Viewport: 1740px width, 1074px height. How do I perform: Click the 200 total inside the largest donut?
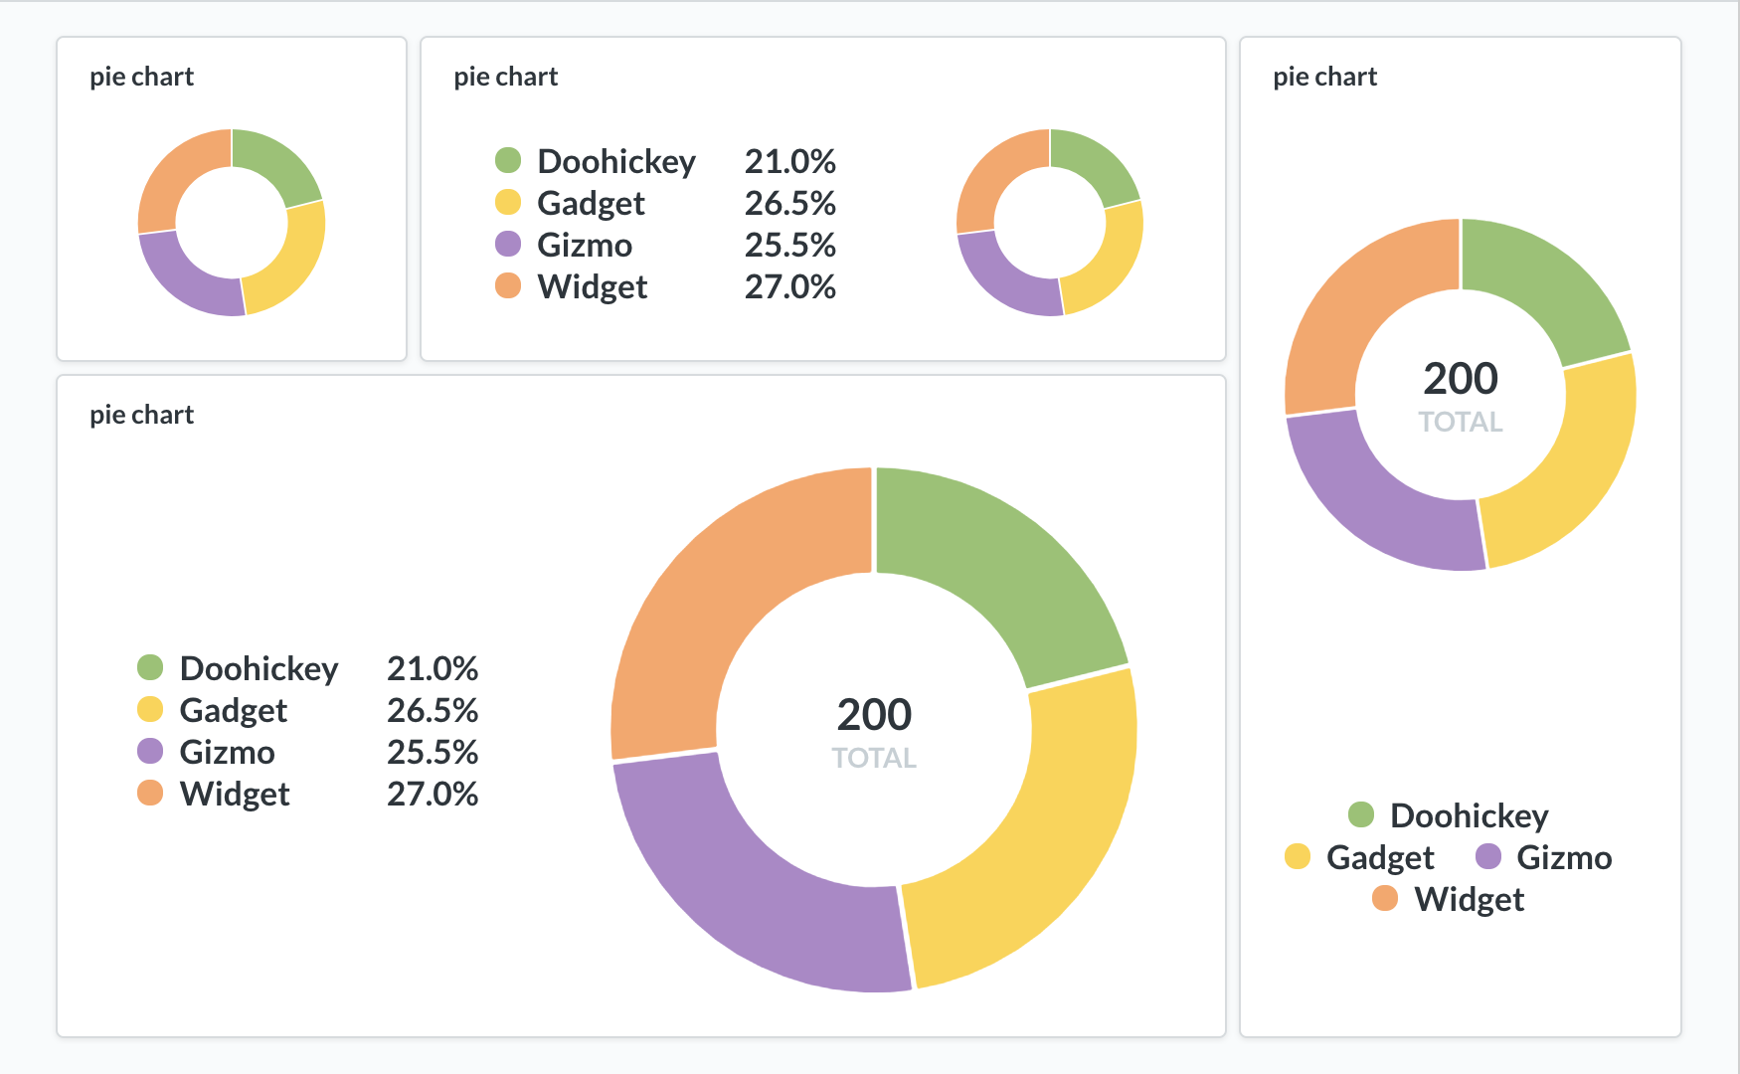click(x=874, y=715)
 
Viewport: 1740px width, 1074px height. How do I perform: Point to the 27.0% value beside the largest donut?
click(x=433, y=794)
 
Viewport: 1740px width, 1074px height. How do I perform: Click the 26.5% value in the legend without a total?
click(x=790, y=203)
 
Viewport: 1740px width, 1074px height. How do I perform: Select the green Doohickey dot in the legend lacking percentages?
click(x=1361, y=815)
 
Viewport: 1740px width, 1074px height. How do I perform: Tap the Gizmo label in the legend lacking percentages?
click(x=1564, y=857)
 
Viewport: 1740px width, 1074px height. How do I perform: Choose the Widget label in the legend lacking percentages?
click(x=1469, y=899)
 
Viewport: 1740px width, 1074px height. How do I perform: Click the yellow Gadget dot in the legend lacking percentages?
click(x=1298, y=857)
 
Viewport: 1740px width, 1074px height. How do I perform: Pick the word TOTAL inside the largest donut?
click(x=874, y=758)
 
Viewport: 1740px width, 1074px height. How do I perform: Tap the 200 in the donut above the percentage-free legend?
click(x=1461, y=379)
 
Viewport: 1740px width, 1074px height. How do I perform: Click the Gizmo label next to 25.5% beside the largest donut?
click(x=227, y=752)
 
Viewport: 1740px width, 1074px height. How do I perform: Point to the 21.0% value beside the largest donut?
click(x=433, y=668)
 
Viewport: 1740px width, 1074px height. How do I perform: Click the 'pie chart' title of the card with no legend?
click(x=141, y=77)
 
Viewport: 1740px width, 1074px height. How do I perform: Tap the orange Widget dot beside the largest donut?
click(x=150, y=794)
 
